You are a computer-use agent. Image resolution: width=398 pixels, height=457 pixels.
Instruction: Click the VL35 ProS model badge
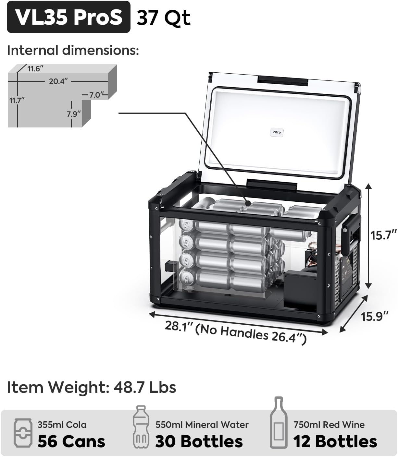[x=68, y=17]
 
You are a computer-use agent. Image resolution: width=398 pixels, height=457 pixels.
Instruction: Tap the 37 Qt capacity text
[x=163, y=18]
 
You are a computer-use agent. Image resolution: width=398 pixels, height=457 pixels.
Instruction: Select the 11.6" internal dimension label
[x=35, y=69]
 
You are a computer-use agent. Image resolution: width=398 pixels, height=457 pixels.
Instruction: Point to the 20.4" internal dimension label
[x=58, y=81]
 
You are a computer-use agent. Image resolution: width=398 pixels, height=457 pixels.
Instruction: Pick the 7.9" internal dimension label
[x=74, y=114]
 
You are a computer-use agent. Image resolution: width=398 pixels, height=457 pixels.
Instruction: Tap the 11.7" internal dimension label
[x=17, y=100]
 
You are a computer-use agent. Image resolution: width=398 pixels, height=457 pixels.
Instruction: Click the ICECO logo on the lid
[x=277, y=132]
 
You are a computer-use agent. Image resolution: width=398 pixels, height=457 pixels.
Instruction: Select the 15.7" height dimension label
[x=384, y=235]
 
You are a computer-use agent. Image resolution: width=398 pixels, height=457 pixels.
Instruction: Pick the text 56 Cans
[x=71, y=441]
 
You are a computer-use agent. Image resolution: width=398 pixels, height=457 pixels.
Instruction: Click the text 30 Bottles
[x=199, y=441]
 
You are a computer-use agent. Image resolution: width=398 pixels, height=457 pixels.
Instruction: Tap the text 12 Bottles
[x=335, y=441]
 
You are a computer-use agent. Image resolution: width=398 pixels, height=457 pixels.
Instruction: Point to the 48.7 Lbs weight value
[x=145, y=387]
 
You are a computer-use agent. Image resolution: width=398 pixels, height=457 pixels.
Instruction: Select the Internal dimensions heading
[x=73, y=51]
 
